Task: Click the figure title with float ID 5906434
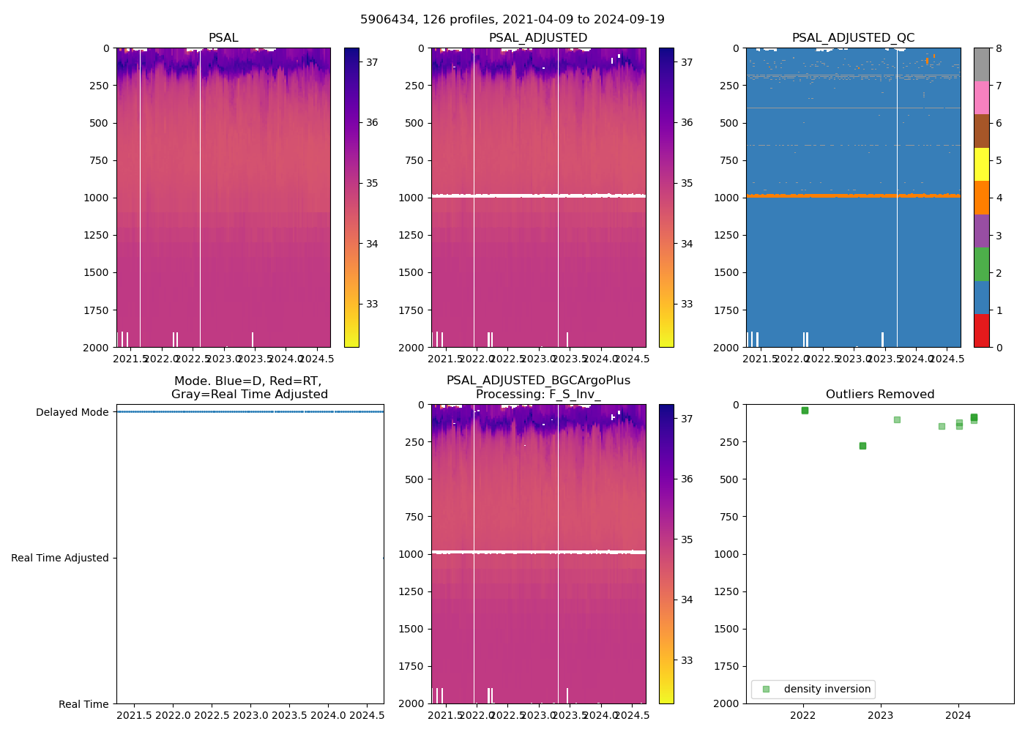(x=512, y=20)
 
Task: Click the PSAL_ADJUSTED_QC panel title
(x=853, y=38)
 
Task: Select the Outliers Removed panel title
(x=880, y=395)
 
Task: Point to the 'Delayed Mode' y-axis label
(x=72, y=412)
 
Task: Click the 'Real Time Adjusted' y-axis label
(x=60, y=558)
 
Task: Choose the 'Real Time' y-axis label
(x=83, y=704)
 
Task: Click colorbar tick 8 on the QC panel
(x=999, y=48)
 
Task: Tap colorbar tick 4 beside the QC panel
(x=999, y=198)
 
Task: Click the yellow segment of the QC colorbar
(x=981, y=165)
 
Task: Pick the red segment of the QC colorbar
(x=981, y=330)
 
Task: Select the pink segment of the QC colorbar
(x=981, y=97)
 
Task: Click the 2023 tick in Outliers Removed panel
(x=880, y=714)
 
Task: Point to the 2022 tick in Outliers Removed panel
(x=803, y=714)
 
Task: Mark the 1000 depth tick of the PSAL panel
(x=96, y=198)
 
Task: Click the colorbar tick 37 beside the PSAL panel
(x=372, y=62)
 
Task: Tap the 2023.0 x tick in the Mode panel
(x=250, y=714)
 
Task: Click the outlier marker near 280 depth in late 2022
(x=862, y=446)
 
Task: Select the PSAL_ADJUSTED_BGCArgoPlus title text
(x=538, y=381)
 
